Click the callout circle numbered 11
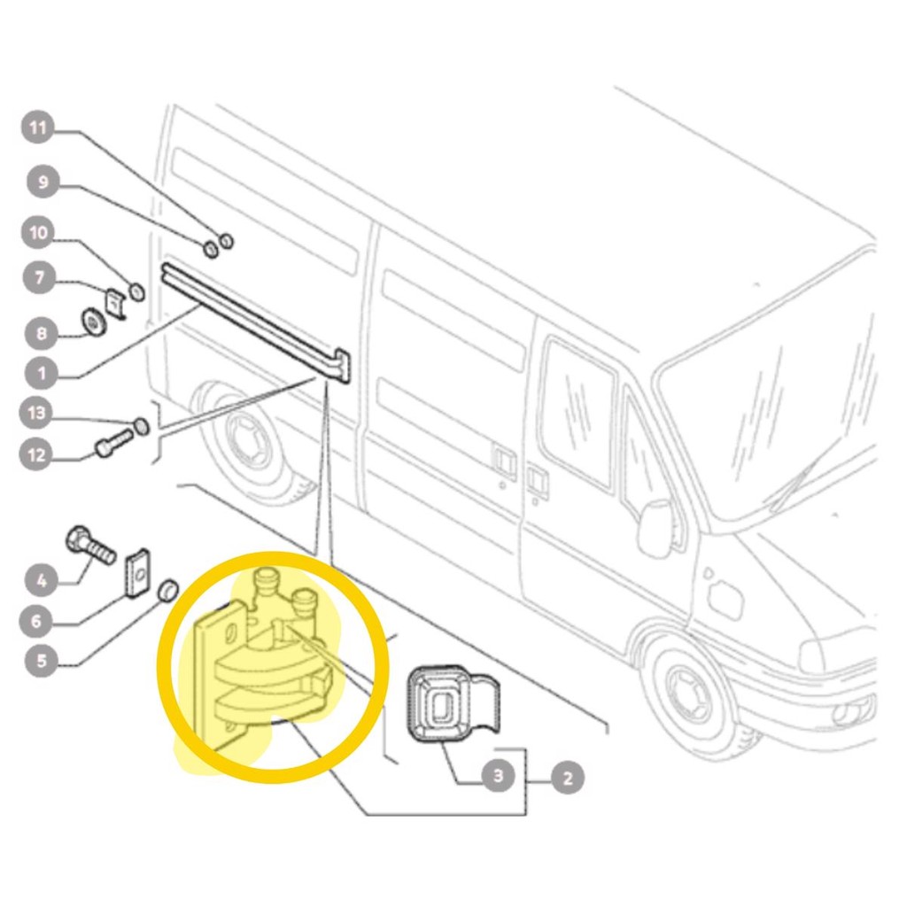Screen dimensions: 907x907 (x=38, y=128)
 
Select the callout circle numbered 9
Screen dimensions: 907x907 (x=43, y=182)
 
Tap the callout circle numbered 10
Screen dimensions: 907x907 (x=38, y=233)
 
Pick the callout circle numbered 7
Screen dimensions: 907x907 (x=39, y=278)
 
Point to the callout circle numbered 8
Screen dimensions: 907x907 (x=42, y=333)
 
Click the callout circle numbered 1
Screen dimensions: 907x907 (x=42, y=373)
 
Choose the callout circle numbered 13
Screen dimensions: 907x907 (x=36, y=413)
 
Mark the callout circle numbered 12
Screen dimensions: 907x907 (x=36, y=454)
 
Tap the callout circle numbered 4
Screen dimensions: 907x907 (x=42, y=580)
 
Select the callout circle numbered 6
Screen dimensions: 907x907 (x=36, y=621)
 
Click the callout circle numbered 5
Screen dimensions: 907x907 (x=42, y=660)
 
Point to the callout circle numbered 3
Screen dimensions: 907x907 (x=499, y=775)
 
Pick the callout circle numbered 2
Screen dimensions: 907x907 (x=568, y=778)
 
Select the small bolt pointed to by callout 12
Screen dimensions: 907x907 (x=113, y=443)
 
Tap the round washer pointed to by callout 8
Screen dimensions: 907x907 (x=92, y=322)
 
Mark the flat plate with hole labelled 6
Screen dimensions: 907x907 (x=137, y=574)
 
